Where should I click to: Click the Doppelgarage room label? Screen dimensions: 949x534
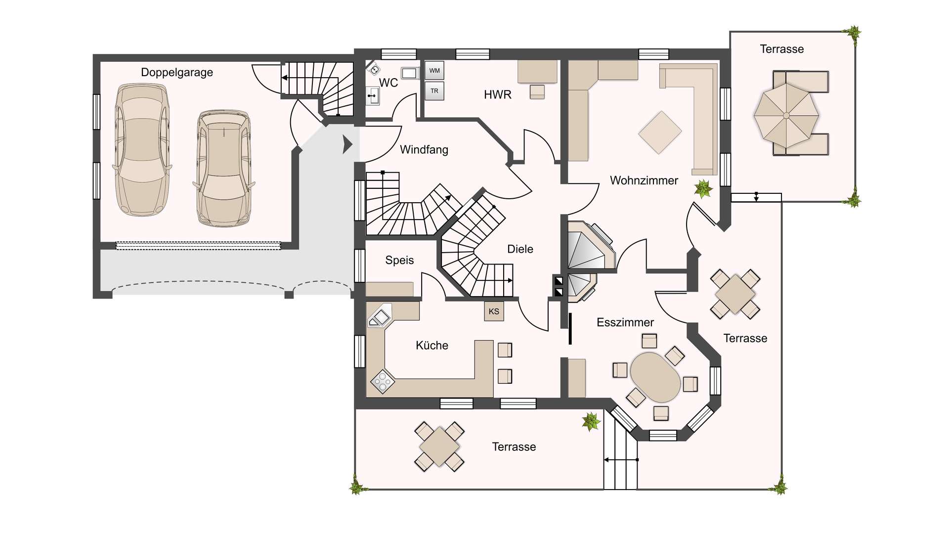coord(177,73)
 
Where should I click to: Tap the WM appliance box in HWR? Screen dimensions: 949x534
coord(434,71)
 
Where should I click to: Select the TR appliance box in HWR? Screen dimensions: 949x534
coord(434,91)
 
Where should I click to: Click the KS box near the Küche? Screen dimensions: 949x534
coord(494,311)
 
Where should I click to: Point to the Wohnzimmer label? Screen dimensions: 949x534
coord(644,180)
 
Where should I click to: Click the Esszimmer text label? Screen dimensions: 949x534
coord(625,322)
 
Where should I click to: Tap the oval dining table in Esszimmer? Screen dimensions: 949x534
coord(655,377)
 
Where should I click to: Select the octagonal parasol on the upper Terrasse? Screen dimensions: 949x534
coord(786,116)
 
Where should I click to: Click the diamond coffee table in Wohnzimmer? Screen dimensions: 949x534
coord(660,132)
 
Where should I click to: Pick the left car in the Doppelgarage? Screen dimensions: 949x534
coord(142,150)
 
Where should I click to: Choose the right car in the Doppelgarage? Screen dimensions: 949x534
coord(224,169)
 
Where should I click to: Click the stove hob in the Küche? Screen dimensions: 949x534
coord(383,381)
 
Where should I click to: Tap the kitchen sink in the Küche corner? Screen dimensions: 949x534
coord(379,317)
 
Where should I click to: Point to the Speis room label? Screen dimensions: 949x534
coord(399,260)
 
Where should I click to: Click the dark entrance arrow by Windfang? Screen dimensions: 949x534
coord(347,145)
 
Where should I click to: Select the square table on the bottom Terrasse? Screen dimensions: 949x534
coord(439,446)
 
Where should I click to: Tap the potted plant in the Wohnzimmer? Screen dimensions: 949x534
coord(703,188)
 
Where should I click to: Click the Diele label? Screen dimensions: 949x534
coord(520,249)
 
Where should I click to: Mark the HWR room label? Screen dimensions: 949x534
coord(498,94)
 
